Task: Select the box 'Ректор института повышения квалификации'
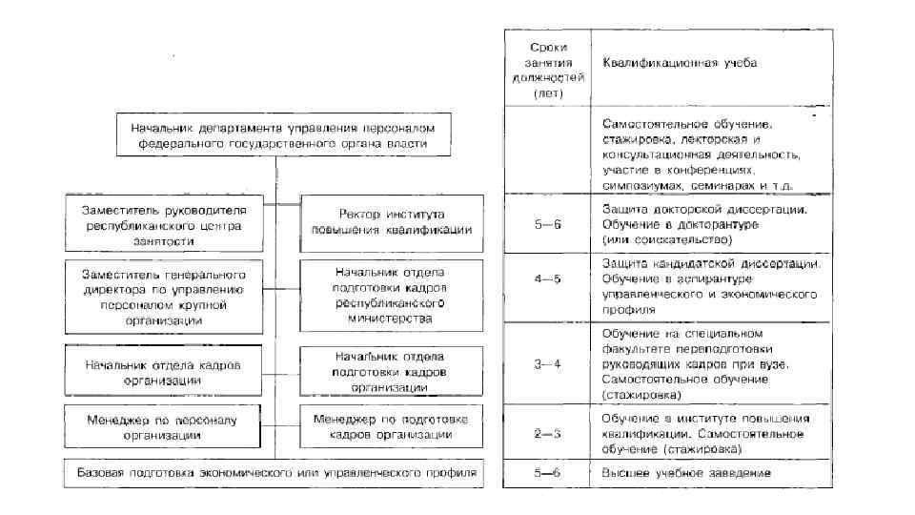(391, 221)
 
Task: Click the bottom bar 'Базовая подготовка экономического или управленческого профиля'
(275, 473)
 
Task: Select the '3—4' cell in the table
(548, 364)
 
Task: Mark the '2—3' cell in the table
(548, 432)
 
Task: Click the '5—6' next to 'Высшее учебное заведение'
(548, 474)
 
